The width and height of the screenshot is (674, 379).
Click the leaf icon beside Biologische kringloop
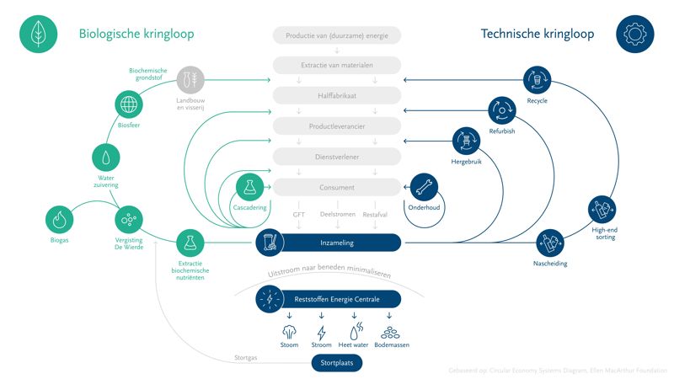(x=38, y=35)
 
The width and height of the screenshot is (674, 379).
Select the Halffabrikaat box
(x=337, y=95)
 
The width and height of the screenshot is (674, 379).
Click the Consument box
(x=337, y=187)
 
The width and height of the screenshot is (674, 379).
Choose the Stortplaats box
(x=337, y=363)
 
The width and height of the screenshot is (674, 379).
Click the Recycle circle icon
(x=537, y=80)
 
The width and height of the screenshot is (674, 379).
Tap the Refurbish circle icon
(x=503, y=109)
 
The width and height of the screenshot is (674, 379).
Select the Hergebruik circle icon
(x=466, y=141)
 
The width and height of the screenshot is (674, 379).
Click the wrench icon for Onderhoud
(x=422, y=187)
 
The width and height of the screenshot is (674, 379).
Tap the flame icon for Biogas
(x=60, y=220)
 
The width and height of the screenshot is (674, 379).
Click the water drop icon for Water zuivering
(x=105, y=157)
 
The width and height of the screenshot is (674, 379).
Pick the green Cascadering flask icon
(x=249, y=187)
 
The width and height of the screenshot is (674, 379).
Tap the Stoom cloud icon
(x=289, y=331)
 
